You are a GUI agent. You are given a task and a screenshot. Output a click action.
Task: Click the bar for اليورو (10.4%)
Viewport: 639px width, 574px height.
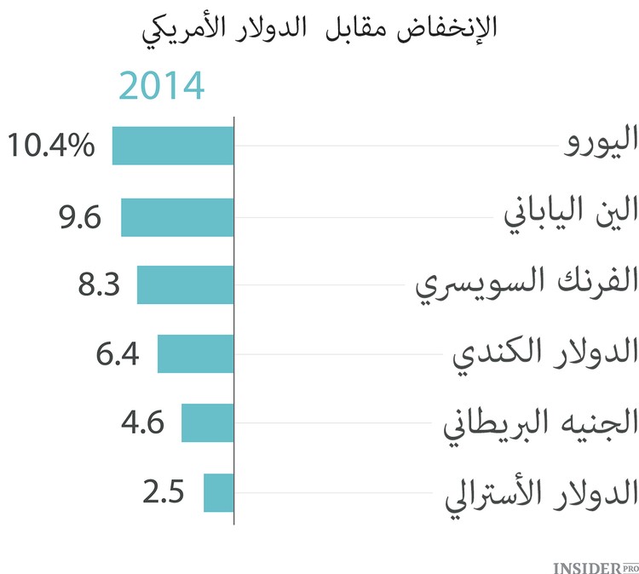pyautogui.click(x=173, y=146)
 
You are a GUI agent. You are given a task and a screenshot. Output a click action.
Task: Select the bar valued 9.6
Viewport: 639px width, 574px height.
pyautogui.click(x=177, y=217)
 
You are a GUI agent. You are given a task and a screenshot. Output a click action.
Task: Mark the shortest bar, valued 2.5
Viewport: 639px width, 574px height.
pyautogui.click(x=218, y=492)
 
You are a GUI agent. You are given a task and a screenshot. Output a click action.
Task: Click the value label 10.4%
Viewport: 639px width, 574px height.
pyautogui.click(x=52, y=146)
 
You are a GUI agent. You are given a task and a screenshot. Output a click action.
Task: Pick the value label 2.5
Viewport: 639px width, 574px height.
pyautogui.click(x=164, y=492)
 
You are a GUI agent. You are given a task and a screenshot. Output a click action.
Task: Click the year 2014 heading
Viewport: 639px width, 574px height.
pyautogui.click(x=162, y=87)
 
